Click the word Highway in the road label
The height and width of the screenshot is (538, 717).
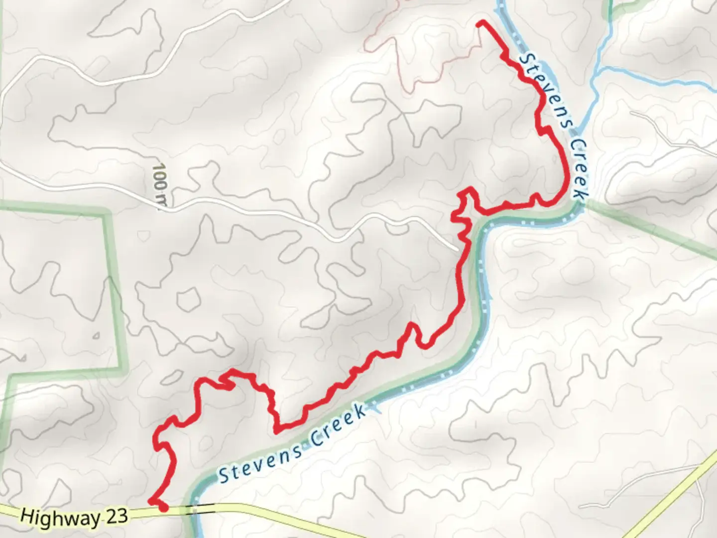60,517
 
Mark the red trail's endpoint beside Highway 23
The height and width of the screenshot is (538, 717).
163,508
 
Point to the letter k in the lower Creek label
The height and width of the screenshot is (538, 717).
358,413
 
